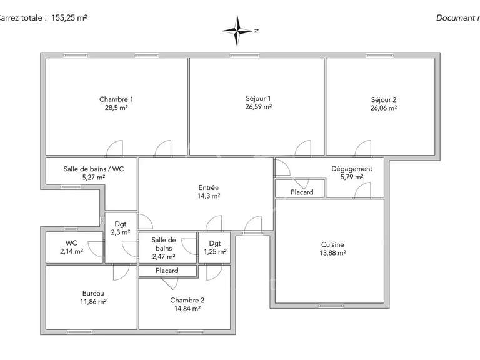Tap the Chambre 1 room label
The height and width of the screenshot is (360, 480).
pos(116,99)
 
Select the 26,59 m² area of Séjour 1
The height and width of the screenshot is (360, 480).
pos(258,107)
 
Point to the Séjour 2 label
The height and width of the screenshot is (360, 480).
pos(384,99)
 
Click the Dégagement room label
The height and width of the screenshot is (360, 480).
pos(352,169)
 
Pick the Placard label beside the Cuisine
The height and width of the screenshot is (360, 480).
pos(302,192)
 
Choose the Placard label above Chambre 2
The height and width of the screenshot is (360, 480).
pos(167,271)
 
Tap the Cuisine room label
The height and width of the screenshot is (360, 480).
pos(332,245)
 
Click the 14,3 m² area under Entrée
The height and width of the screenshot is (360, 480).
pos(208,196)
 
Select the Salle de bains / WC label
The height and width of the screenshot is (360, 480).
pos(92,169)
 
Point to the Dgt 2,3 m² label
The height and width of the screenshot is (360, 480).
pos(121,227)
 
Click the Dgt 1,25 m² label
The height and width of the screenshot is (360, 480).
pos(215,247)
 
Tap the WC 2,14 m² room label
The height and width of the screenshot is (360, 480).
pos(71,247)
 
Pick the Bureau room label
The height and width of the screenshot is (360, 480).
pos(94,293)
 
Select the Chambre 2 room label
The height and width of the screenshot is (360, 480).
pos(187,300)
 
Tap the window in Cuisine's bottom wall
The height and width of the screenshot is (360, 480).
pos(329,306)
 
